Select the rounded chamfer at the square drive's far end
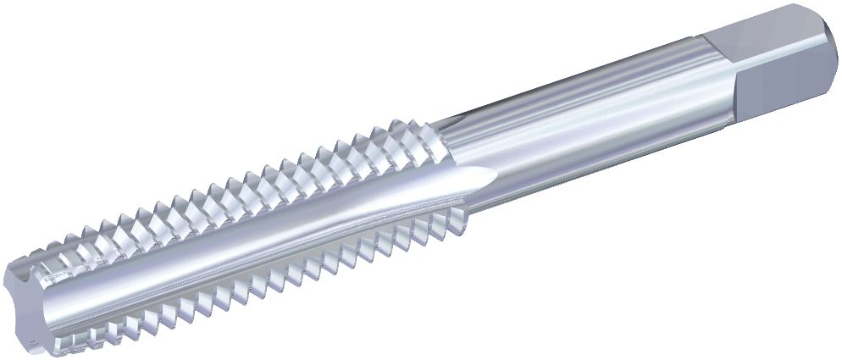826,42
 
